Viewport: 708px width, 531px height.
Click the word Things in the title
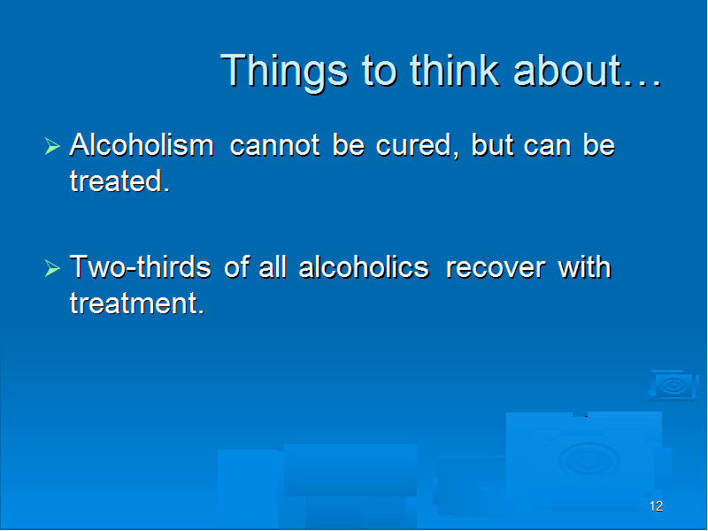coord(284,72)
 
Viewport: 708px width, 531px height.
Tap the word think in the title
coord(454,70)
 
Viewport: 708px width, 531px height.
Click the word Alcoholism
coord(142,144)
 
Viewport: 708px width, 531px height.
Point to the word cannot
coord(275,146)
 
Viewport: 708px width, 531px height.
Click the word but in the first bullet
coord(493,144)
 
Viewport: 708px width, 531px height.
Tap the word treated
coord(119,181)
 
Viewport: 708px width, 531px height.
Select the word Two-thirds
coord(140,266)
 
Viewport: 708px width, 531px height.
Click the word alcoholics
coord(364,266)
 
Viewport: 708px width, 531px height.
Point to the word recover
coord(496,268)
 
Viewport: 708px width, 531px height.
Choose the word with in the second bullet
coord(584,266)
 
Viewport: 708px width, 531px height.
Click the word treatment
coord(137,303)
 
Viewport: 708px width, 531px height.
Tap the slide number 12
coord(656,506)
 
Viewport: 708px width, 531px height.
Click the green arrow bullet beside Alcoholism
coord(52,146)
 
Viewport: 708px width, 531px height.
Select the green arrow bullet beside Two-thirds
coord(52,268)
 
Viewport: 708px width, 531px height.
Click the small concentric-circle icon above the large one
coord(673,386)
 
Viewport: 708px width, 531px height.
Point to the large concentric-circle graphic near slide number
coord(589,459)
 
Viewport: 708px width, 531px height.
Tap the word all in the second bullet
coord(273,266)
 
